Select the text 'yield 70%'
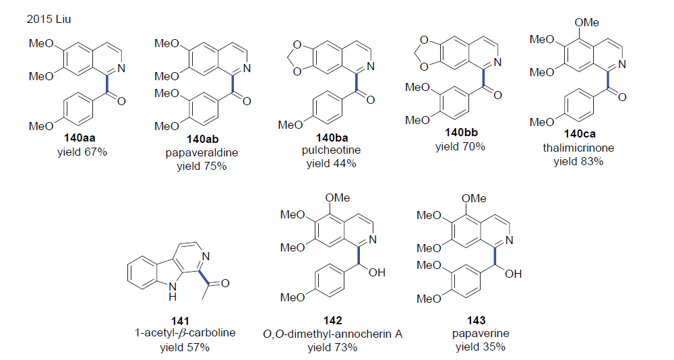point(460,146)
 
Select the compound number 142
point(332,321)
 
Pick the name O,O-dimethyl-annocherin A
point(332,334)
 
